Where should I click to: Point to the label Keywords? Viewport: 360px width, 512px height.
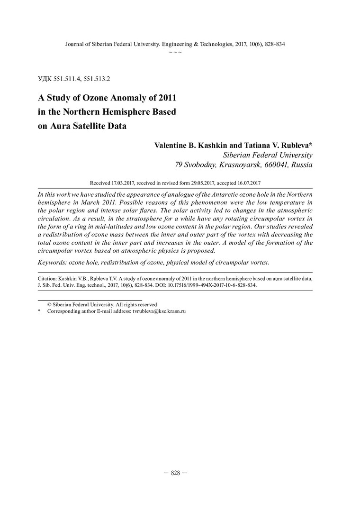pos(53,262)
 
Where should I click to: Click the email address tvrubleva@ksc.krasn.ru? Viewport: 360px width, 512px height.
pos(159,311)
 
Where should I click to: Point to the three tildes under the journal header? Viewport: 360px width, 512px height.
pos(175,51)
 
